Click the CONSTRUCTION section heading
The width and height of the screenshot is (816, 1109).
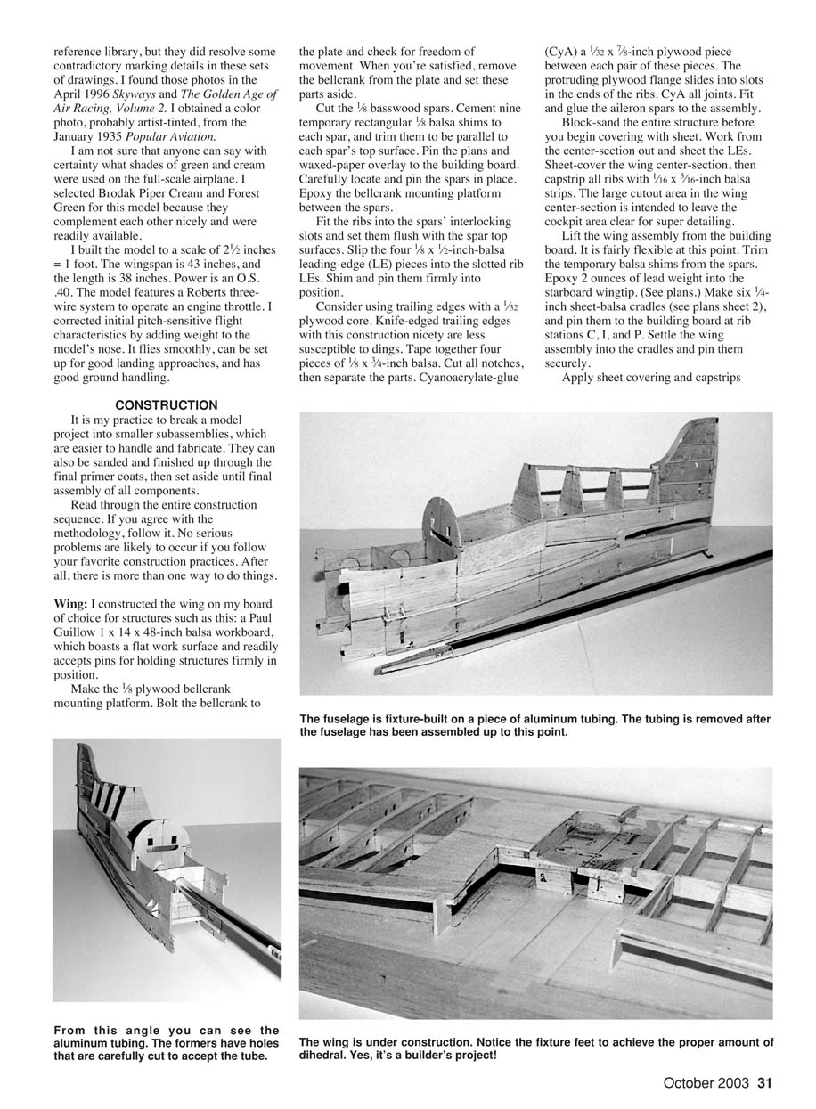[x=167, y=405]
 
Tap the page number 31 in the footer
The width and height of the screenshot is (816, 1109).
[x=763, y=1084]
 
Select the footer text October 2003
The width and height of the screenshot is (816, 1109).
[x=706, y=1084]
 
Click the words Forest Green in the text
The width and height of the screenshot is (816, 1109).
[x=241, y=193]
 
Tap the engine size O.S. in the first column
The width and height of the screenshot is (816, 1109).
[x=244, y=279]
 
